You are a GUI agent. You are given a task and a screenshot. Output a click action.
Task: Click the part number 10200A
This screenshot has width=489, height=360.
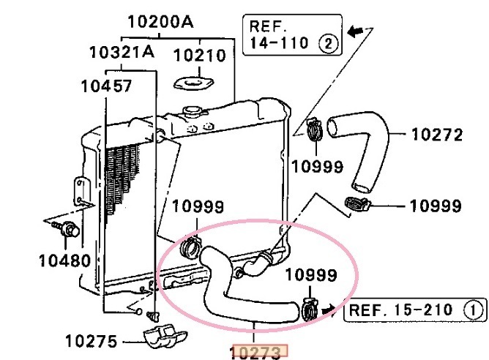tap(160, 22)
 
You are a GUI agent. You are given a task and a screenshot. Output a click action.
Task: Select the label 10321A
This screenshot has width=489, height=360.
tap(122, 52)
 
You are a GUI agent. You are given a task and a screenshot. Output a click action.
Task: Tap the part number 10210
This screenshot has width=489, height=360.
tap(199, 56)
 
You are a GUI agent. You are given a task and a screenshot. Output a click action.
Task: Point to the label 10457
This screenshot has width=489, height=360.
tap(106, 86)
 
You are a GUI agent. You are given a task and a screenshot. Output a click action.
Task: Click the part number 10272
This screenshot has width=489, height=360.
tap(437, 135)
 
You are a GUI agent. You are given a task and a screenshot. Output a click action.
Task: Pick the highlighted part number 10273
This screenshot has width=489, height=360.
tap(258, 352)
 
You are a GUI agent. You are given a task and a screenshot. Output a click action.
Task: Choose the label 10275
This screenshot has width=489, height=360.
tap(92, 341)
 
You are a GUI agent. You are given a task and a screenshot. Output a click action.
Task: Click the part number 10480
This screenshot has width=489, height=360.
tap(65, 260)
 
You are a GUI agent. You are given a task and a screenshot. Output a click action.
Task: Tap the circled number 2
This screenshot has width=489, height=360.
tap(328, 44)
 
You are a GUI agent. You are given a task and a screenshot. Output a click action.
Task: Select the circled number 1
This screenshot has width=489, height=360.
tap(474, 310)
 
